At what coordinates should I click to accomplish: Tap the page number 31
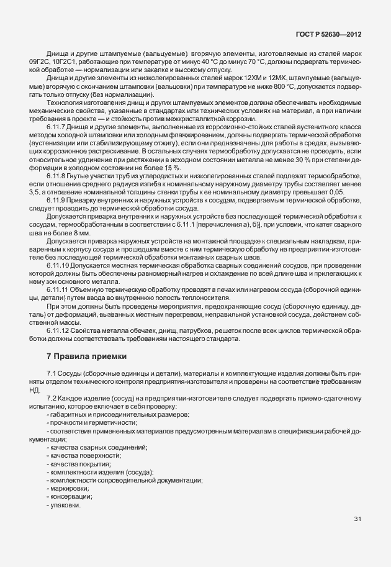[x=357, y=519]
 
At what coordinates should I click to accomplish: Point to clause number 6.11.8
[x=58, y=177]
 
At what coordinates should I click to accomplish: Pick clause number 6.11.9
[x=58, y=202]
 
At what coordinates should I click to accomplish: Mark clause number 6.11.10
[x=60, y=265]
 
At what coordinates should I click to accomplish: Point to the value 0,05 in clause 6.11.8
[x=336, y=193]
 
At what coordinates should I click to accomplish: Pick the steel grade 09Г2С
[x=39, y=62]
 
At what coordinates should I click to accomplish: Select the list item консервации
[x=71, y=497]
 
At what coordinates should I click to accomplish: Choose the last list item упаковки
[x=66, y=506]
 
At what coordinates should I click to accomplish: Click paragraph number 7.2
[x=52, y=396]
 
